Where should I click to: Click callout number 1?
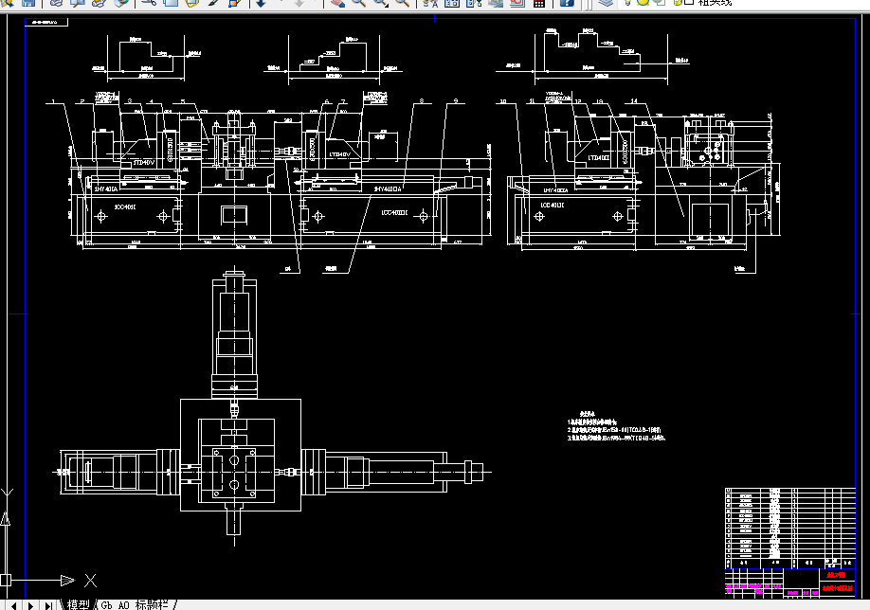(55, 100)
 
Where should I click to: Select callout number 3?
(126, 100)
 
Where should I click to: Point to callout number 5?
(180, 100)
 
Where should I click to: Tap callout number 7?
(343, 100)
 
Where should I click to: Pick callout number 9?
(456, 100)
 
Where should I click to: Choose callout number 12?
(578, 100)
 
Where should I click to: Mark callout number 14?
(632, 100)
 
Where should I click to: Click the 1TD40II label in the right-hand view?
(599, 157)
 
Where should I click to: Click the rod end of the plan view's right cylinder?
(484, 467)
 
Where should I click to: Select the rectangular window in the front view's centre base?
(233, 215)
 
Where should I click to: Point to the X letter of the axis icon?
(91, 580)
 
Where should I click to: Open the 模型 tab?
(78, 604)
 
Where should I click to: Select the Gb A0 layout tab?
(115, 604)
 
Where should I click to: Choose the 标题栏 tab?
(154, 604)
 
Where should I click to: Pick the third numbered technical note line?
(616, 439)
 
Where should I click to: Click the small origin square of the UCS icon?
(5, 580)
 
